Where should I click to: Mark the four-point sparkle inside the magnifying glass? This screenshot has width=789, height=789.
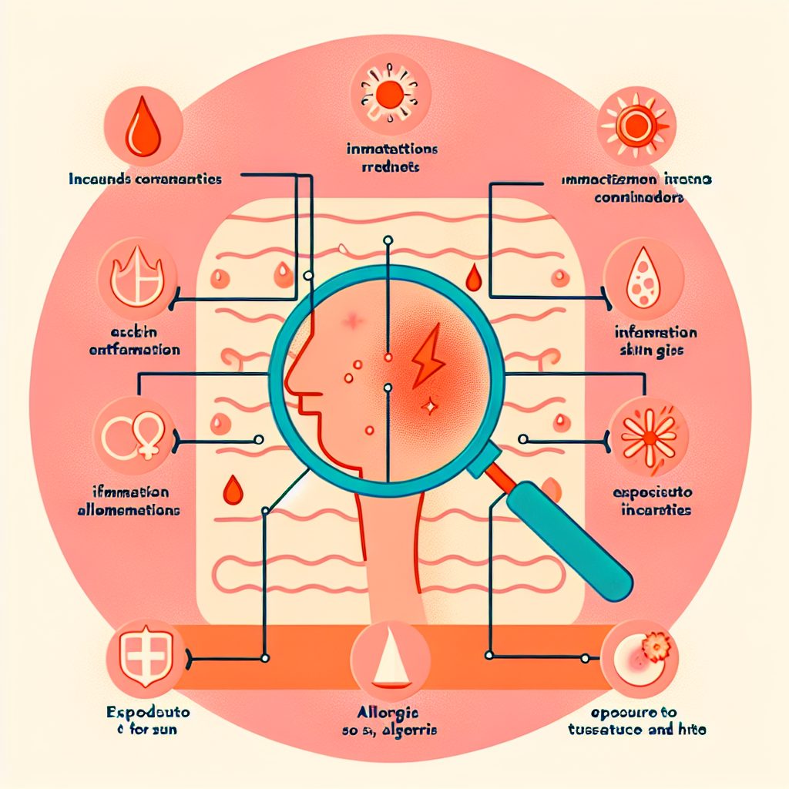tap(428, 404)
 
